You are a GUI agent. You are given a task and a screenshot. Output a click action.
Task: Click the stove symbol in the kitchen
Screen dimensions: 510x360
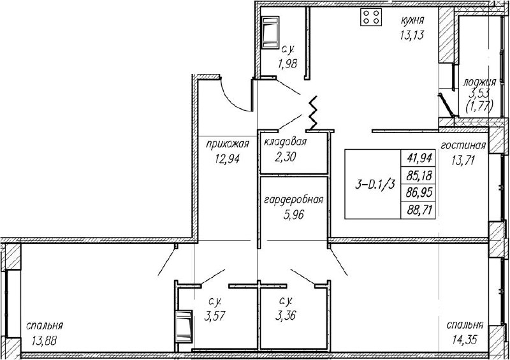[371, 17]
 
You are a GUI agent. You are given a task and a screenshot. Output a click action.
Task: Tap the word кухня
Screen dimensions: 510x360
[412, 20]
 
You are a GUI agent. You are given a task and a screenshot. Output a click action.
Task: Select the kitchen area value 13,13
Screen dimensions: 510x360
[412, 35]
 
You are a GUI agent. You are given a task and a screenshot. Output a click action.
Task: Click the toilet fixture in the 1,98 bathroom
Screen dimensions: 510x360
[270, 32]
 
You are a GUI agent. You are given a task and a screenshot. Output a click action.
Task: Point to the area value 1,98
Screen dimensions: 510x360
[288, 64]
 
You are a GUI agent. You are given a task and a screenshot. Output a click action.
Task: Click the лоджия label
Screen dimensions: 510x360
[479, 82]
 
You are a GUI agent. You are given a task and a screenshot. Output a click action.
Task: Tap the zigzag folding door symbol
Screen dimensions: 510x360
[313, 113]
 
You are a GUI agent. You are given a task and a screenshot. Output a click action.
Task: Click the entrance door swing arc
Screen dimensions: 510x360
[233, 98]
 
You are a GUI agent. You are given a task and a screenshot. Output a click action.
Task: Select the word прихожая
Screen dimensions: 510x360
[228, 144]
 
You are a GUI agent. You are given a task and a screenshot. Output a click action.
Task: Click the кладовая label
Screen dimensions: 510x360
[285, 142]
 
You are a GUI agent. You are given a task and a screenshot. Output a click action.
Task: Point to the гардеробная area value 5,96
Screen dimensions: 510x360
[294, 214]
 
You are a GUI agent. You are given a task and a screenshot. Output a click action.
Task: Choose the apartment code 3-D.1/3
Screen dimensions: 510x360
[375, 185]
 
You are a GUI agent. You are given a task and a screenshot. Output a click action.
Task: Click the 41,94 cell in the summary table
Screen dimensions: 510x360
[419, 158]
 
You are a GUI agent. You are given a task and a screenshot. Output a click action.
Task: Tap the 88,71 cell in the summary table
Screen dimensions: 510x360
[419, 211]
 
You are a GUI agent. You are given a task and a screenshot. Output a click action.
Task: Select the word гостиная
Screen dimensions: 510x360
[463, 145]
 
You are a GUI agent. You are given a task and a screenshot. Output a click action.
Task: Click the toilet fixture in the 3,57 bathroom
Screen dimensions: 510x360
[184, 326]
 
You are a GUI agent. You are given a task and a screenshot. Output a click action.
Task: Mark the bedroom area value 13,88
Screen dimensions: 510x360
[44, 340]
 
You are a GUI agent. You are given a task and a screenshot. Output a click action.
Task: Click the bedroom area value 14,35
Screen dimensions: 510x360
[465, 340]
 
